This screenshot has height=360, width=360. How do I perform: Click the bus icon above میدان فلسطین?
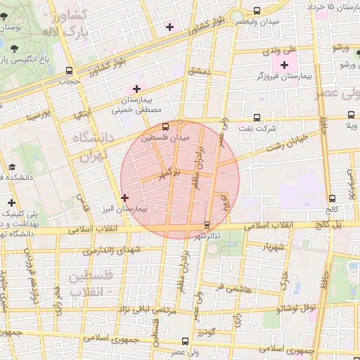(166, 127)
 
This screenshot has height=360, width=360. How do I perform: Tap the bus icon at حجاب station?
(68, 70)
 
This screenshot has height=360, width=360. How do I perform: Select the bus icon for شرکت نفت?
(256, 117)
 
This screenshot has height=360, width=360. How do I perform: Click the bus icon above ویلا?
(349, 116)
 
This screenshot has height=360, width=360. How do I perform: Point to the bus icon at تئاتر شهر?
(206, 225)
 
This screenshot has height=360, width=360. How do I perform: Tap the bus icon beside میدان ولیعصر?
(256, 11)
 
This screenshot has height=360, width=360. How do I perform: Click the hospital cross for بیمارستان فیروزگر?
(284, 65)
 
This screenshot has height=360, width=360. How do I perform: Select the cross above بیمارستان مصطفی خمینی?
(136, 89)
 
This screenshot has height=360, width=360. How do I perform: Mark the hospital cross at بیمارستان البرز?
(124, 198)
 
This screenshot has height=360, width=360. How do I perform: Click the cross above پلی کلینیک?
(11, 202)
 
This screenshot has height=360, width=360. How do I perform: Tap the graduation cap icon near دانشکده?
(11, 167)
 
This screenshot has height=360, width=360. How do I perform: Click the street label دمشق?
(199, 72)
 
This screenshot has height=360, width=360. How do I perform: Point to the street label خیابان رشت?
(288, 145)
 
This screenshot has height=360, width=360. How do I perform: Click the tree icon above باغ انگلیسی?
(15, 49)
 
